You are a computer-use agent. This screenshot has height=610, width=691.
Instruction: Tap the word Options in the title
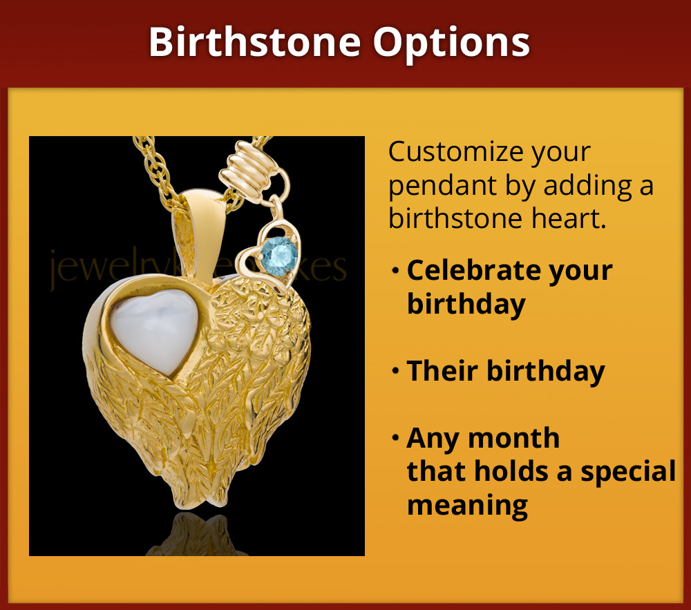pos(452,43)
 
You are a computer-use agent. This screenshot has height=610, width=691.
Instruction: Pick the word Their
pos(442,371)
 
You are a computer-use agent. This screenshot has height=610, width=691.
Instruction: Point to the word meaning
pos(467,505)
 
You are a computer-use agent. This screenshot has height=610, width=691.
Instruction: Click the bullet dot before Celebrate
pos(395,271)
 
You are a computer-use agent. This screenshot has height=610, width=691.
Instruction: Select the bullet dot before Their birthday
pos(395,372)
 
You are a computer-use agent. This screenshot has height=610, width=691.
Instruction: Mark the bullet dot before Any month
pos(395,439)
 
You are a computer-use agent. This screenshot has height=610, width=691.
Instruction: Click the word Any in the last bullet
pos(430,439)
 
